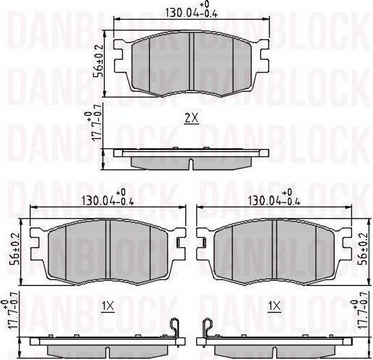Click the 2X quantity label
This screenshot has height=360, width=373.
(x=190, y=118)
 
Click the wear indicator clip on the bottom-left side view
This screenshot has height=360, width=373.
(x=175, y=329)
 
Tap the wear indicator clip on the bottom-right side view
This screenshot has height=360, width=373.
(x=207, y=329)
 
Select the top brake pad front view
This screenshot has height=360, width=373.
(x=190, y=64)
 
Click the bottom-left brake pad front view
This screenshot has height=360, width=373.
(x=108, y=251)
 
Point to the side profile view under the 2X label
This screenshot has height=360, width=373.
(x=190, y=156)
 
